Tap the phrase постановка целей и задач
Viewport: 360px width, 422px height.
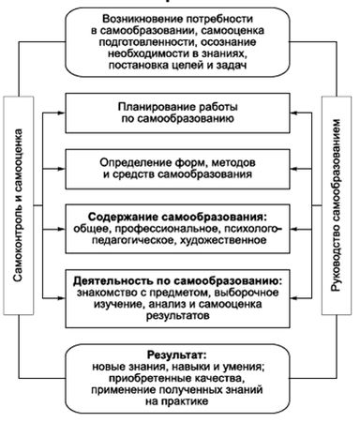(x=179, y=73)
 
